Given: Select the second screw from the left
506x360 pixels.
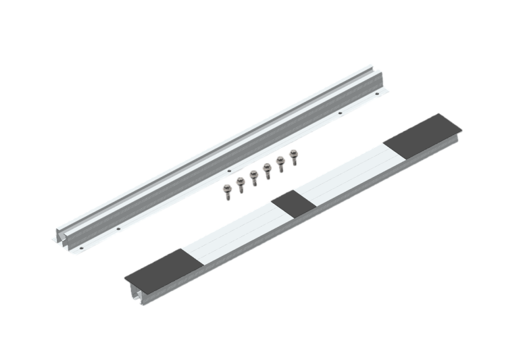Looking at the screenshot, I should tap(240, 183).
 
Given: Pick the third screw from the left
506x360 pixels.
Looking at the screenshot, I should tap(253, 176).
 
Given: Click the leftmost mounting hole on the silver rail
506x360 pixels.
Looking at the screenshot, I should tap(117, 228).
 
